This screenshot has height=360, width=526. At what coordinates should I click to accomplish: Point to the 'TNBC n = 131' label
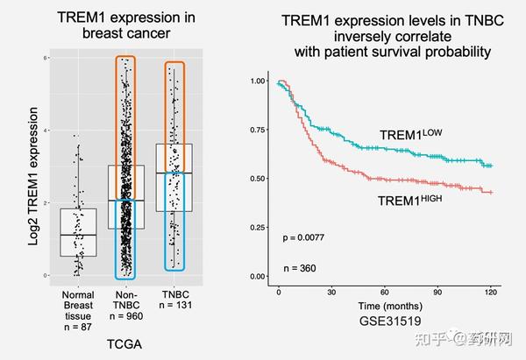coord(174,300)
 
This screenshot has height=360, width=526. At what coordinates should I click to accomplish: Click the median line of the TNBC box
coord(174,173)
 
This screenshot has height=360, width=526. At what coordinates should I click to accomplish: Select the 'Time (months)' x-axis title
coord(386,304)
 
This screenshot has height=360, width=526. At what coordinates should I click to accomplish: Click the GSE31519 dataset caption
coord(386,321)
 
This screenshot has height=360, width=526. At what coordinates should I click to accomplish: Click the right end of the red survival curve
coord(491,192)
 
